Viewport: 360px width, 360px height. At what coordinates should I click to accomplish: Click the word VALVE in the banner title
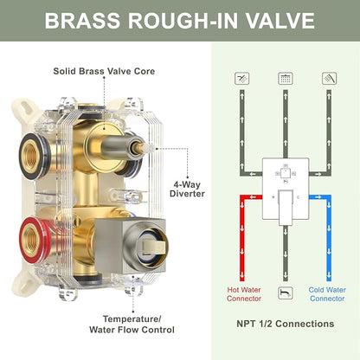pyautogui.click(x=280, y=21)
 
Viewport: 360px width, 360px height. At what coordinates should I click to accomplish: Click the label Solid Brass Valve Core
pyautogui.click(x=104, y=71)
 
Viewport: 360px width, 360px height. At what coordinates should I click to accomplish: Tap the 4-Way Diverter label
pyautogui.click(x=187, y=189)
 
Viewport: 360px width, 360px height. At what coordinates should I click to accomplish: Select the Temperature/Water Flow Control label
pyautogui.click(x=132, y=325)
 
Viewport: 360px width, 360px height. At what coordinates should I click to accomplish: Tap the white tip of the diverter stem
pyautogui.click(x=148, y=148)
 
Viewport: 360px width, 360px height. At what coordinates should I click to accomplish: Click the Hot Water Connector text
pyautogui.click(x=244, y=294)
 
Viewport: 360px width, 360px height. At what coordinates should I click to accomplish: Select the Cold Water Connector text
pyautogui.click(x=327, y=294)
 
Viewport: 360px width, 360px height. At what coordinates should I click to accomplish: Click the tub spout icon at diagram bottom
pyautogui.click(x=286, y=293)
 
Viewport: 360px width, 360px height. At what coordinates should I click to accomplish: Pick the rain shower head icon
pyautogui.click(x=286, y=78)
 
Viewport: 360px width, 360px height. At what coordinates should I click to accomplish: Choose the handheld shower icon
pyautogui.click(x=329, y=78)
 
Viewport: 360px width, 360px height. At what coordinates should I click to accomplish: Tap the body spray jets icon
pyautogui.click(x=241, y=78)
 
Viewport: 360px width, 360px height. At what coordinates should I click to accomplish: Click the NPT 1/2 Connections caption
pyautogui.click(x=286, y=324)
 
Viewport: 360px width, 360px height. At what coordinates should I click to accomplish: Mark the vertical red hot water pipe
pyautogui.click(x=242, y=240)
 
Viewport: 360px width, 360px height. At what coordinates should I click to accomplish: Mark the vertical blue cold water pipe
pyautogui.click(x=329, y=240)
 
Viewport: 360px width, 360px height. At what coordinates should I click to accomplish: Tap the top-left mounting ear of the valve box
pyautogui.click(x=24, y=108)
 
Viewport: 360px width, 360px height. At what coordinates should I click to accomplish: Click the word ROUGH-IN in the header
pyautogui.click(x=183, y=21)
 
